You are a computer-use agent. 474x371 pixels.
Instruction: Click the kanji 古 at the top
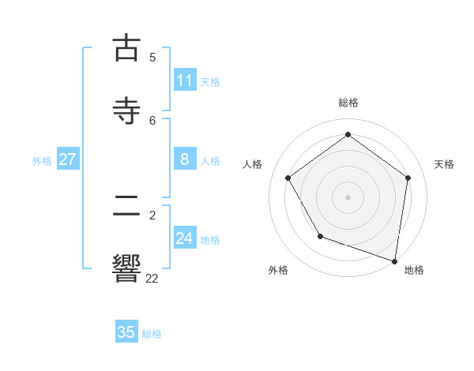126,48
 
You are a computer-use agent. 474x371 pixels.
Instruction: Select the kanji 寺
126,110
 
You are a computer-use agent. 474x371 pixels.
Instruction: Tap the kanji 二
126,206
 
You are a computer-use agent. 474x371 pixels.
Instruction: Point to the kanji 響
126,267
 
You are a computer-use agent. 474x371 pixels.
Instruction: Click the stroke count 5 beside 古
152,57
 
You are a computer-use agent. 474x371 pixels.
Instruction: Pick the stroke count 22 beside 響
152,277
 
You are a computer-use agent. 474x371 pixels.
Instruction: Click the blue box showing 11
185,81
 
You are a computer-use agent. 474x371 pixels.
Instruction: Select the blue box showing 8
185,159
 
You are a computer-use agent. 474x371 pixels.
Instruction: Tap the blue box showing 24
185,238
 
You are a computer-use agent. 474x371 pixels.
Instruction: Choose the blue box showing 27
68,159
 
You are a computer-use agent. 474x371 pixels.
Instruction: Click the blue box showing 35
126,332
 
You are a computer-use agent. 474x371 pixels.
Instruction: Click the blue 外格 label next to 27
42,161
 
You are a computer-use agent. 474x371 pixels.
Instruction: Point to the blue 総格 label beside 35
152,334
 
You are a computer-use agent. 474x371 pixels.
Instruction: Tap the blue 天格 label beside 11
210,82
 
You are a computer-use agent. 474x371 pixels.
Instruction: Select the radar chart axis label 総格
348,103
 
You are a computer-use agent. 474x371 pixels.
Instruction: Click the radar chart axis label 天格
444,164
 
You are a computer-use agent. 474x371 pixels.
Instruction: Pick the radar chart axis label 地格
414,270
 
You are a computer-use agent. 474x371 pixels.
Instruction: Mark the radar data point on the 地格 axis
395,260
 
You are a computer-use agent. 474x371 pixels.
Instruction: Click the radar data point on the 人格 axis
288,178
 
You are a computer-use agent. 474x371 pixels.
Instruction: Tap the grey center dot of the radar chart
348,197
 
